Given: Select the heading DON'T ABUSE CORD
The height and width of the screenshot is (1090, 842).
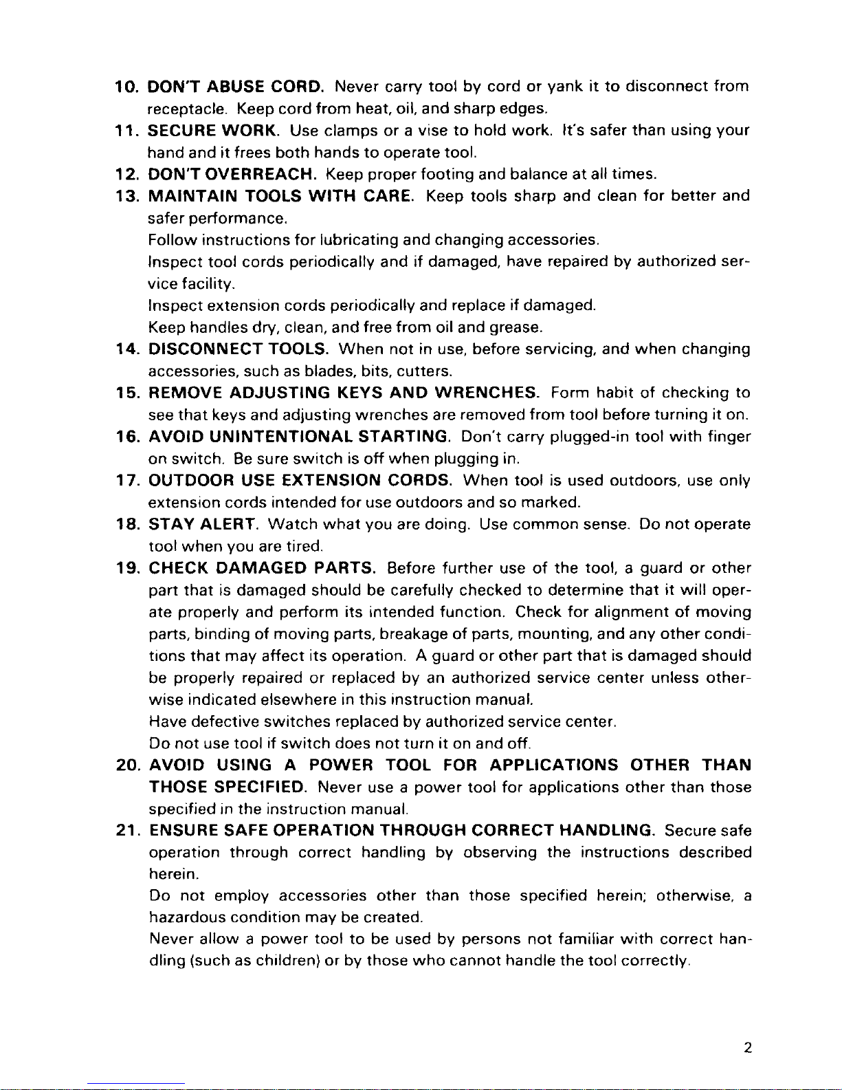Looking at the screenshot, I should click(236, 87).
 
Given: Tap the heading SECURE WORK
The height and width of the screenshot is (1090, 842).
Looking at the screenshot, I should click(213, 131).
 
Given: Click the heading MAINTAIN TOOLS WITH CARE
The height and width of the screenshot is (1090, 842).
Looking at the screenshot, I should click(281, 196).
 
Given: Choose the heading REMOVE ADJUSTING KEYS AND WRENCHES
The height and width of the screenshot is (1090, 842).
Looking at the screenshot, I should click(344, 393).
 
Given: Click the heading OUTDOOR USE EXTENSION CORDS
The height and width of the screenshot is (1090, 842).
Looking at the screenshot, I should click(300, 480).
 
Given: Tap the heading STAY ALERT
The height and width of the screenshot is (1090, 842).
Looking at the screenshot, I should click(203, 524).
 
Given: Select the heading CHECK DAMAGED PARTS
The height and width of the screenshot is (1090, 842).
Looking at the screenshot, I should click(262, 568).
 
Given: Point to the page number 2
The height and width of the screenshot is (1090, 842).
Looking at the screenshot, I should click(747, 1048).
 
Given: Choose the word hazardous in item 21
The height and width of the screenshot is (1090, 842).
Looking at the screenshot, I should click(187, 917).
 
